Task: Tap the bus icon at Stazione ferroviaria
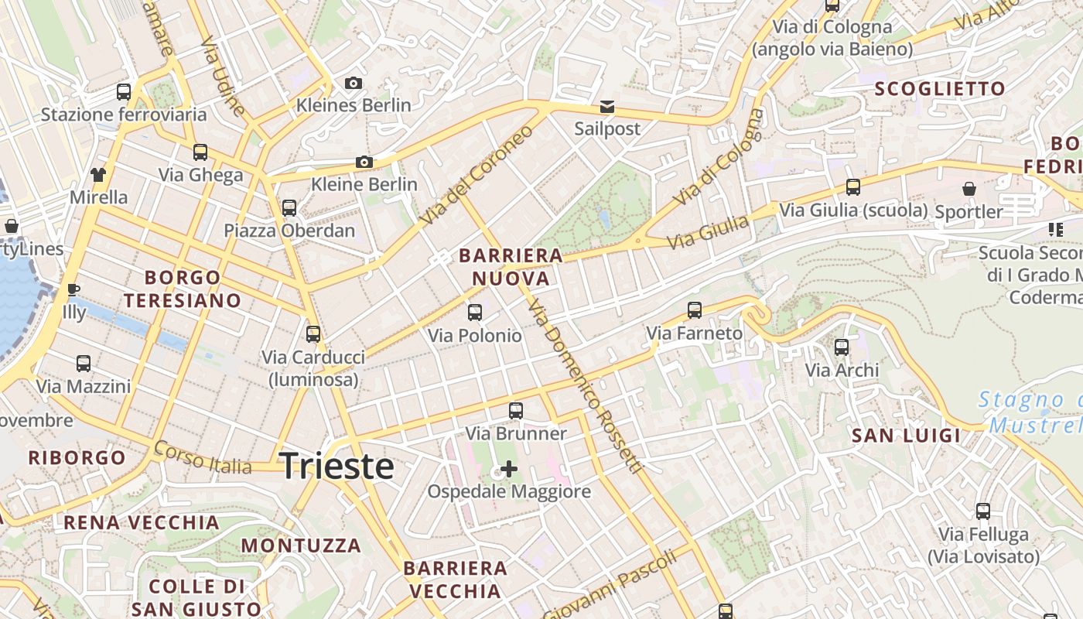point(124,92)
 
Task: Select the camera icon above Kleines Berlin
point(354,83)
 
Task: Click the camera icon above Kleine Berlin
point(364,162)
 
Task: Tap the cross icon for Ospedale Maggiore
point(509,468)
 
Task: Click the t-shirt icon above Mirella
point(98,174)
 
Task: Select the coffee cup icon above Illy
point(73,289)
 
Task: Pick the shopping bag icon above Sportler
point(969,189)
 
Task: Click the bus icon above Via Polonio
point(475,313)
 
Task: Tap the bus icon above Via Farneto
point(695,310)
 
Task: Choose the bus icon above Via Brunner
point(516,411)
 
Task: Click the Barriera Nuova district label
point(511,267)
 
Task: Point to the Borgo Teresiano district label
point(183,289)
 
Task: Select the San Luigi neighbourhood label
point(906,436)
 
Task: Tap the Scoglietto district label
point(939,89)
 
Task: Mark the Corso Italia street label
point(203,457)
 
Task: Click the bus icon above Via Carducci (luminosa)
point(313,334)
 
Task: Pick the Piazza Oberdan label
point(289,231)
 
